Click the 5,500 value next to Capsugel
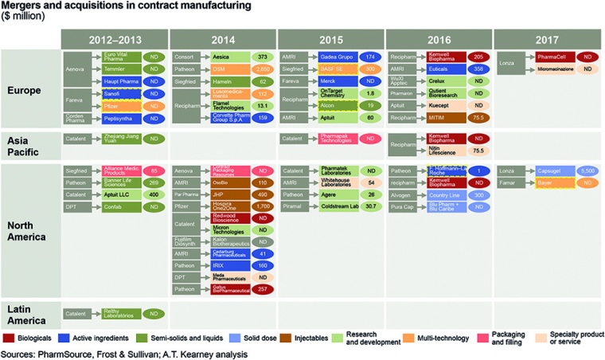click(x=587, y=171)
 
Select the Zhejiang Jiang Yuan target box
click(x=119, y=139)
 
